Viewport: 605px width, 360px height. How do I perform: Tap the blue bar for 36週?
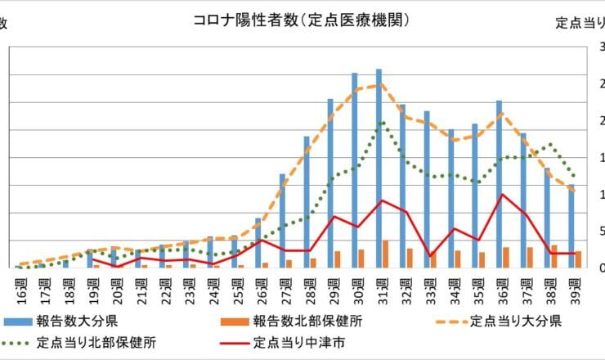tap(499, 184)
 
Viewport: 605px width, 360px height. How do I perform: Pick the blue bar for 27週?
tap(282, 221)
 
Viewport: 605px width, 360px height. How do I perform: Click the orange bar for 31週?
tap(385, 254)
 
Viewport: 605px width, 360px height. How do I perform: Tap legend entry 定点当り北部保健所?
tap(98, 342)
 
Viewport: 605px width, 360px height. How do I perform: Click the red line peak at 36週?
tap(502, 195)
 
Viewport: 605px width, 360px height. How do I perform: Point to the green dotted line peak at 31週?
tap(381, 124)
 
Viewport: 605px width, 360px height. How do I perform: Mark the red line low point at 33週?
tap(430, 256)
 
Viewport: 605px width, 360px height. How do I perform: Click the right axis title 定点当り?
tap(580, 21)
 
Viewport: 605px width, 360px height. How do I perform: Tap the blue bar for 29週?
tap(330, 183)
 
